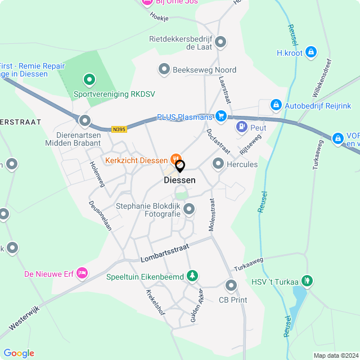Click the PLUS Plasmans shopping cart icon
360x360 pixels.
click(221, 116)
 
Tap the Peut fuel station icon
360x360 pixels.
click(242, 127)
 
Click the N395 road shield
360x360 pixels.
click(119, 129)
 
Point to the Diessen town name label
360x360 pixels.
click(179, 181)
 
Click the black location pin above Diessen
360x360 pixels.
click(180, 166)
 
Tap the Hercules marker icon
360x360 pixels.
click(218, 164)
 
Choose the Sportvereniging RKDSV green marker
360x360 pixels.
click(88, 80)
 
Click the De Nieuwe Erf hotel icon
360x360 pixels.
click(83, 273)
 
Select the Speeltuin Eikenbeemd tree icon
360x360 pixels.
click(193, 275)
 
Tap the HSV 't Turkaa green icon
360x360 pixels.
click(307, 280)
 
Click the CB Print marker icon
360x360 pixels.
click(231, 285)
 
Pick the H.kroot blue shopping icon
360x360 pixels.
click(311, 53)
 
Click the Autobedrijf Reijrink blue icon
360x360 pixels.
click(276, 105)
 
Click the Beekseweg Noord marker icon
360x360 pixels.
click(164, 69)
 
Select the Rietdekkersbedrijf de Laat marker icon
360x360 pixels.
click(221, 42)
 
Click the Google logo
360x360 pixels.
click(19, 353)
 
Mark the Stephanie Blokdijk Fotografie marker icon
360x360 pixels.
click(189, 210)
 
